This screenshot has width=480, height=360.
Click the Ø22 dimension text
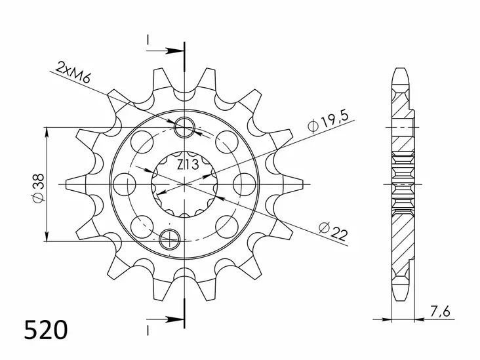coord(333,230)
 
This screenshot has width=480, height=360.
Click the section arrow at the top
coord(172,49)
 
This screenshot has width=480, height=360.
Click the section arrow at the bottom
coord(172,320)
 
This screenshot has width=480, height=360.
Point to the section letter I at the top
coord(149,41)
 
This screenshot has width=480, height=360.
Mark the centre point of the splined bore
coord(186,184)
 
